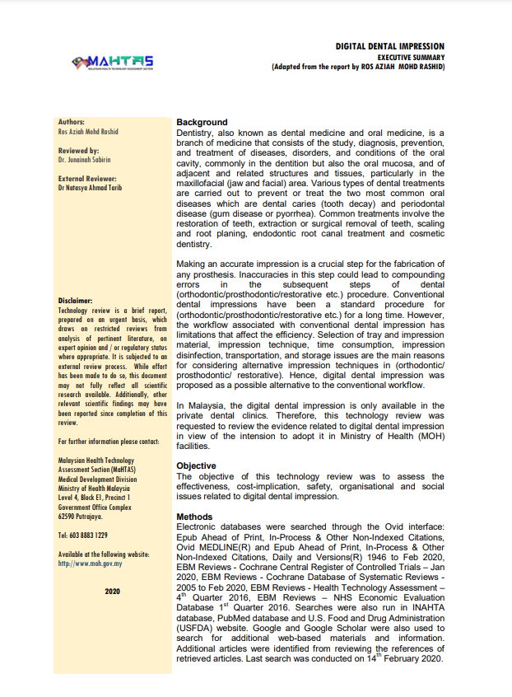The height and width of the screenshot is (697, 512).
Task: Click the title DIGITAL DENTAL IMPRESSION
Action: (x=389, y=47)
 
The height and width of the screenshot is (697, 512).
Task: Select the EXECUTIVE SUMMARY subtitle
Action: (x=412, y=57)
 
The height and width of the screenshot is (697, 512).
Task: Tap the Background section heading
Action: (x=202, y=123)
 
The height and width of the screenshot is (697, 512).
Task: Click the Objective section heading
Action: (x=197, y=466)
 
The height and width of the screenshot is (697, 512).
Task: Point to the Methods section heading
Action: (x=195, y=517)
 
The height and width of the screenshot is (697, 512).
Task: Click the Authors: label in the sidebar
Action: (x=72, y=122)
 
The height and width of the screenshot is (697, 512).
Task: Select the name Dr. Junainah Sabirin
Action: (x=85, y=160)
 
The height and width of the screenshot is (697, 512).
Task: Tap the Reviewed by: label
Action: (x=79, y=151)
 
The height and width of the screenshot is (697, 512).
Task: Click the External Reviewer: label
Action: (x=87, y=179)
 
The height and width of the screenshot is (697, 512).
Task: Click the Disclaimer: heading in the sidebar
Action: (x=76, y=301)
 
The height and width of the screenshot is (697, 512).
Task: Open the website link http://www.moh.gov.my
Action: (x=91, y=564)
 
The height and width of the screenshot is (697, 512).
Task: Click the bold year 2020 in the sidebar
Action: (x=113, y=592)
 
